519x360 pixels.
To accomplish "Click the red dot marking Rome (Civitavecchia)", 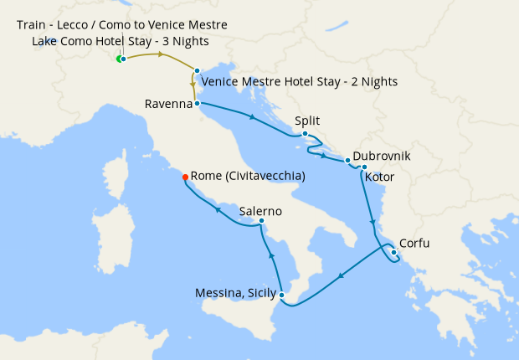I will [x=185, y=176].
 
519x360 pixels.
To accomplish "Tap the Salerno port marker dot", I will [x=262, y=221].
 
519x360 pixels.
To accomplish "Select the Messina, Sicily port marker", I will [x=282, y=295].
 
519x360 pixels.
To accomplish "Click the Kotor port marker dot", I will [x=364, y=167].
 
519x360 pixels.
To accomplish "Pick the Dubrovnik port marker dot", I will [x=347, y=159].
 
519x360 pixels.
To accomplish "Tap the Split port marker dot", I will [x=306, y=134].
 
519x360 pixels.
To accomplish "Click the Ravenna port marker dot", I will [x=197, y=104].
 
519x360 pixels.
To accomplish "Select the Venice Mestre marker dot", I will [x=197, y=71].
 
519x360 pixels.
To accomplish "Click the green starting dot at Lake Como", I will [x=119, y=59].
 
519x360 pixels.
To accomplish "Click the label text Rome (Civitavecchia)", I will [x=247, y=177].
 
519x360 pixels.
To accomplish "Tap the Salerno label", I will [x=260, y=212].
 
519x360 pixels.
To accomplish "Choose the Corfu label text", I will [x=415, y=244].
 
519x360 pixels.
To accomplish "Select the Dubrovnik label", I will [x=382, y=156].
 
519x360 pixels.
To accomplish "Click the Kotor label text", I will [x=379, y=177].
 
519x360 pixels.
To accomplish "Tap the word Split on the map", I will [x=307, y=121].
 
